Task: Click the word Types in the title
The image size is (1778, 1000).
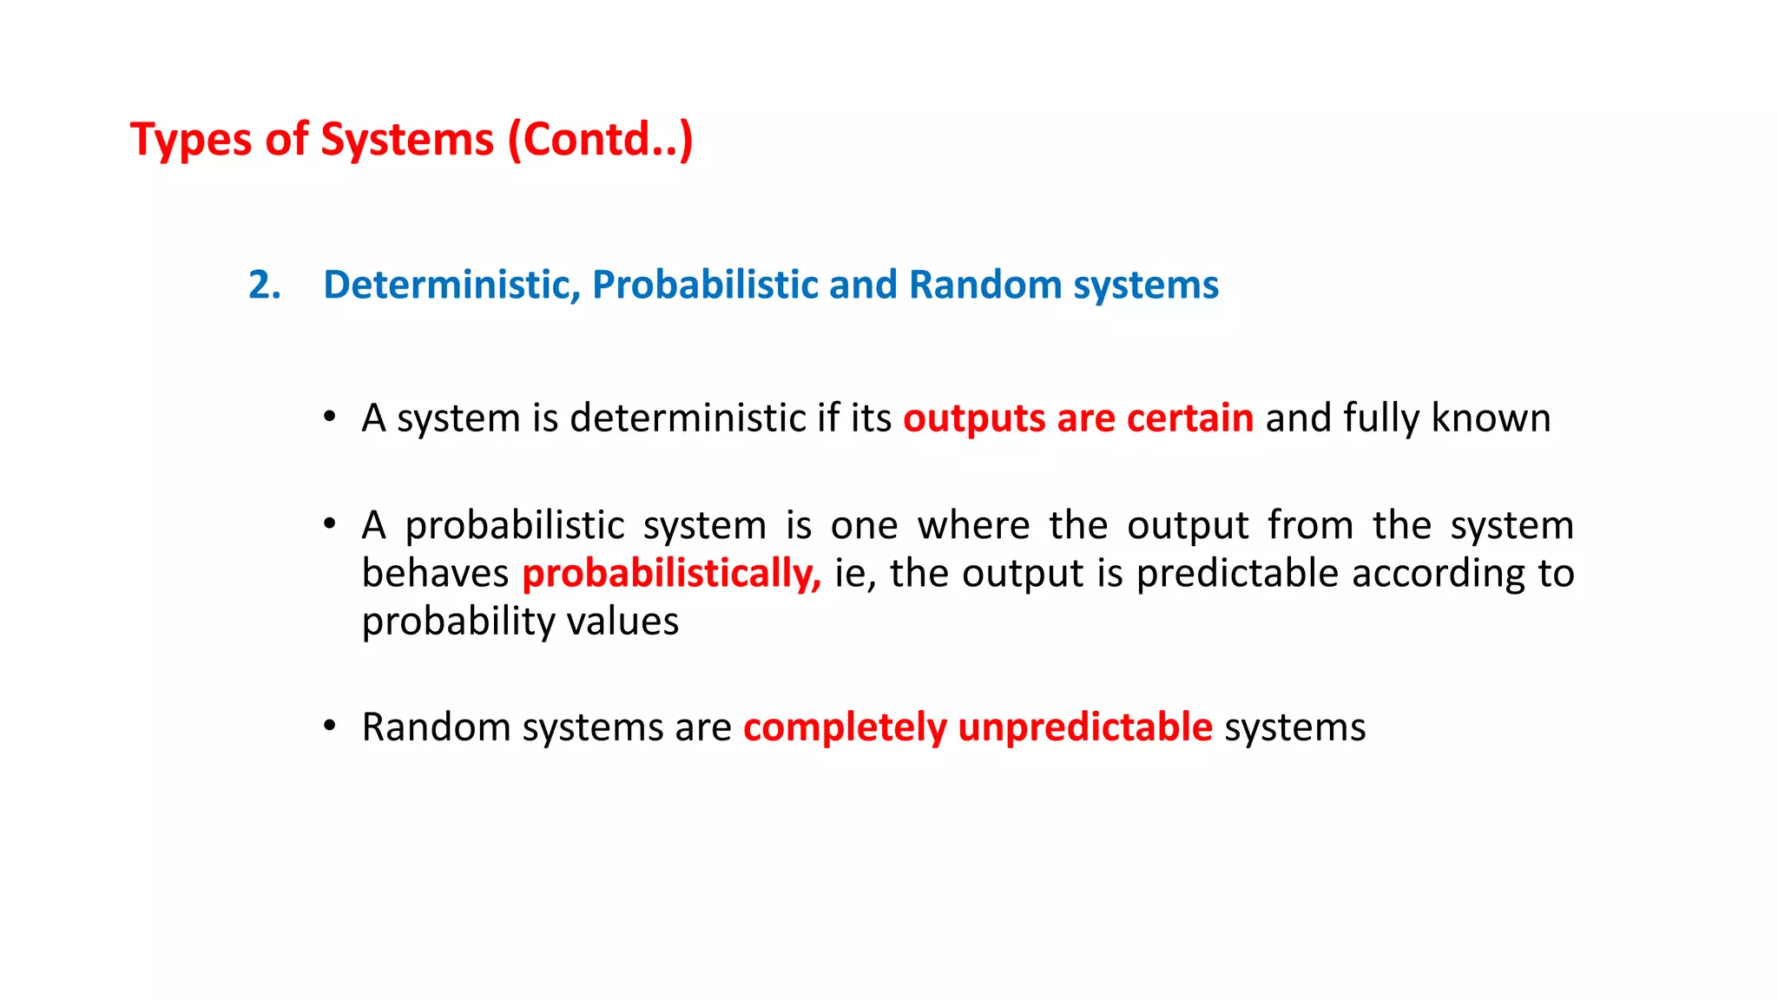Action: pyautogui.click(x=190, y=141)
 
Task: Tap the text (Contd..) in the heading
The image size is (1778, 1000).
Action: pyautogui.click(x=600, y=141)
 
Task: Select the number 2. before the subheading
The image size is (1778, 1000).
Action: pyautogui.click(x=264, y=286)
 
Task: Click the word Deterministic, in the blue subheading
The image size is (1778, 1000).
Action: pyautogui.click(x=451, y=286)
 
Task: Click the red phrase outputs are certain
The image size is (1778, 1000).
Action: pyautogui.click(x=1077, y=418)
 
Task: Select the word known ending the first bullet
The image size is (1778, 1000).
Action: pyautogui.click(x=1490, y=418)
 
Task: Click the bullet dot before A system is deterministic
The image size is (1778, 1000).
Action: pyautogui.click(x=329, y=418)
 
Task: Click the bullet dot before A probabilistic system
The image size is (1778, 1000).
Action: pyautogui.click(x=329, y=524)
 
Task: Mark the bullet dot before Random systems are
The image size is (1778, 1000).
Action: pyautogui.click(x=329, y=726)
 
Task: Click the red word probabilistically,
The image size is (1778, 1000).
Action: pyautogui.click(x=671, y=574)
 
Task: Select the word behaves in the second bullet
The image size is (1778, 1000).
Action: pyautogui.click(x=435, y=574)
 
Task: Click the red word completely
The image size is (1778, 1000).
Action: pyautogui.click(x=845, y=727)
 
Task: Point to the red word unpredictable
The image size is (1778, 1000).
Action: pyautogui.click(x=1084, y=727)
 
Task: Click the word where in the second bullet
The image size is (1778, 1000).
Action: pyautogui.click(x=973, y=525)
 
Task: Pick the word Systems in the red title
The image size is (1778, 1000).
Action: pyautogui.click(x=406, y=141)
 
